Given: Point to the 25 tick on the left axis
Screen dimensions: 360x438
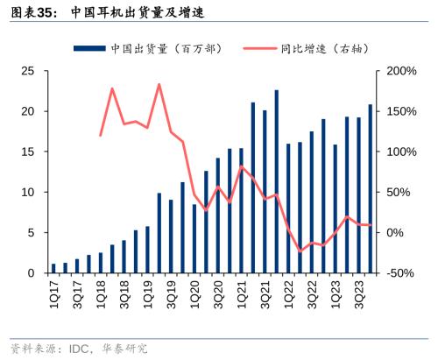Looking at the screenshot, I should coord(28,71).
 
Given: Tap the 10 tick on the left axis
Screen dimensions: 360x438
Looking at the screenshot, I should coord(28,192).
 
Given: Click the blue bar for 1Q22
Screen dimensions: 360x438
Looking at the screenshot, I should coord(288,208).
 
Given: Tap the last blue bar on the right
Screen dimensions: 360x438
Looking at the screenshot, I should coord(370,189).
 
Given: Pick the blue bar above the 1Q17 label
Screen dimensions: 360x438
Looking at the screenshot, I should coord(53,268).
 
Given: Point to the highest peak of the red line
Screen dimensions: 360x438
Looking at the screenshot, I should coord(159,85).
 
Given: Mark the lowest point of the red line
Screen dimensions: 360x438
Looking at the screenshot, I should coord(300,251).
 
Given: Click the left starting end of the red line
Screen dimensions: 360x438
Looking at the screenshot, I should coord(101,136).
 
